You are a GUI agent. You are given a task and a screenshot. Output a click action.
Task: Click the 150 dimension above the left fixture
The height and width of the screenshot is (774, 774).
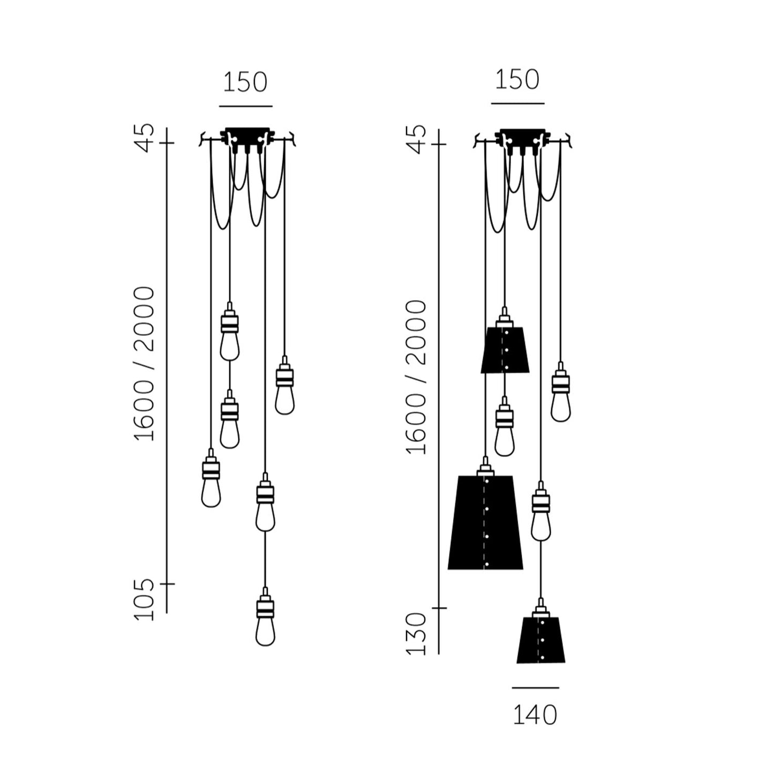pyautogui.click(x=245, y=82)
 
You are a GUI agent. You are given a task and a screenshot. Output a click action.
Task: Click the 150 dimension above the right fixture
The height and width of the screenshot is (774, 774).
pyautogui.click(x=517, y=79)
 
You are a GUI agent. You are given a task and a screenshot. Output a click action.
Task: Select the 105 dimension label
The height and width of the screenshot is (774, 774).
pyautogui.click(x=144, y=600)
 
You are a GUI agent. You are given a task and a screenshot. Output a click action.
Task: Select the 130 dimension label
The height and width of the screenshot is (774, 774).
pyautogui.click(x=416, y=634)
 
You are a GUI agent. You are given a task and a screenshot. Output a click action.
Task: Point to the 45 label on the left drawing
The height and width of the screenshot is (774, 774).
pyautogui.click(x=144, y=138)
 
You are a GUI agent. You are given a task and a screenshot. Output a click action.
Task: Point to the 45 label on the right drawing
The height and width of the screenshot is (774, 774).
pyautogui.click(x=416, y=139)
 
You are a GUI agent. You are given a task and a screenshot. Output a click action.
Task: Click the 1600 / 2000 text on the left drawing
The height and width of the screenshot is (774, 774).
pyautogui.click(x=144, y=364)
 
